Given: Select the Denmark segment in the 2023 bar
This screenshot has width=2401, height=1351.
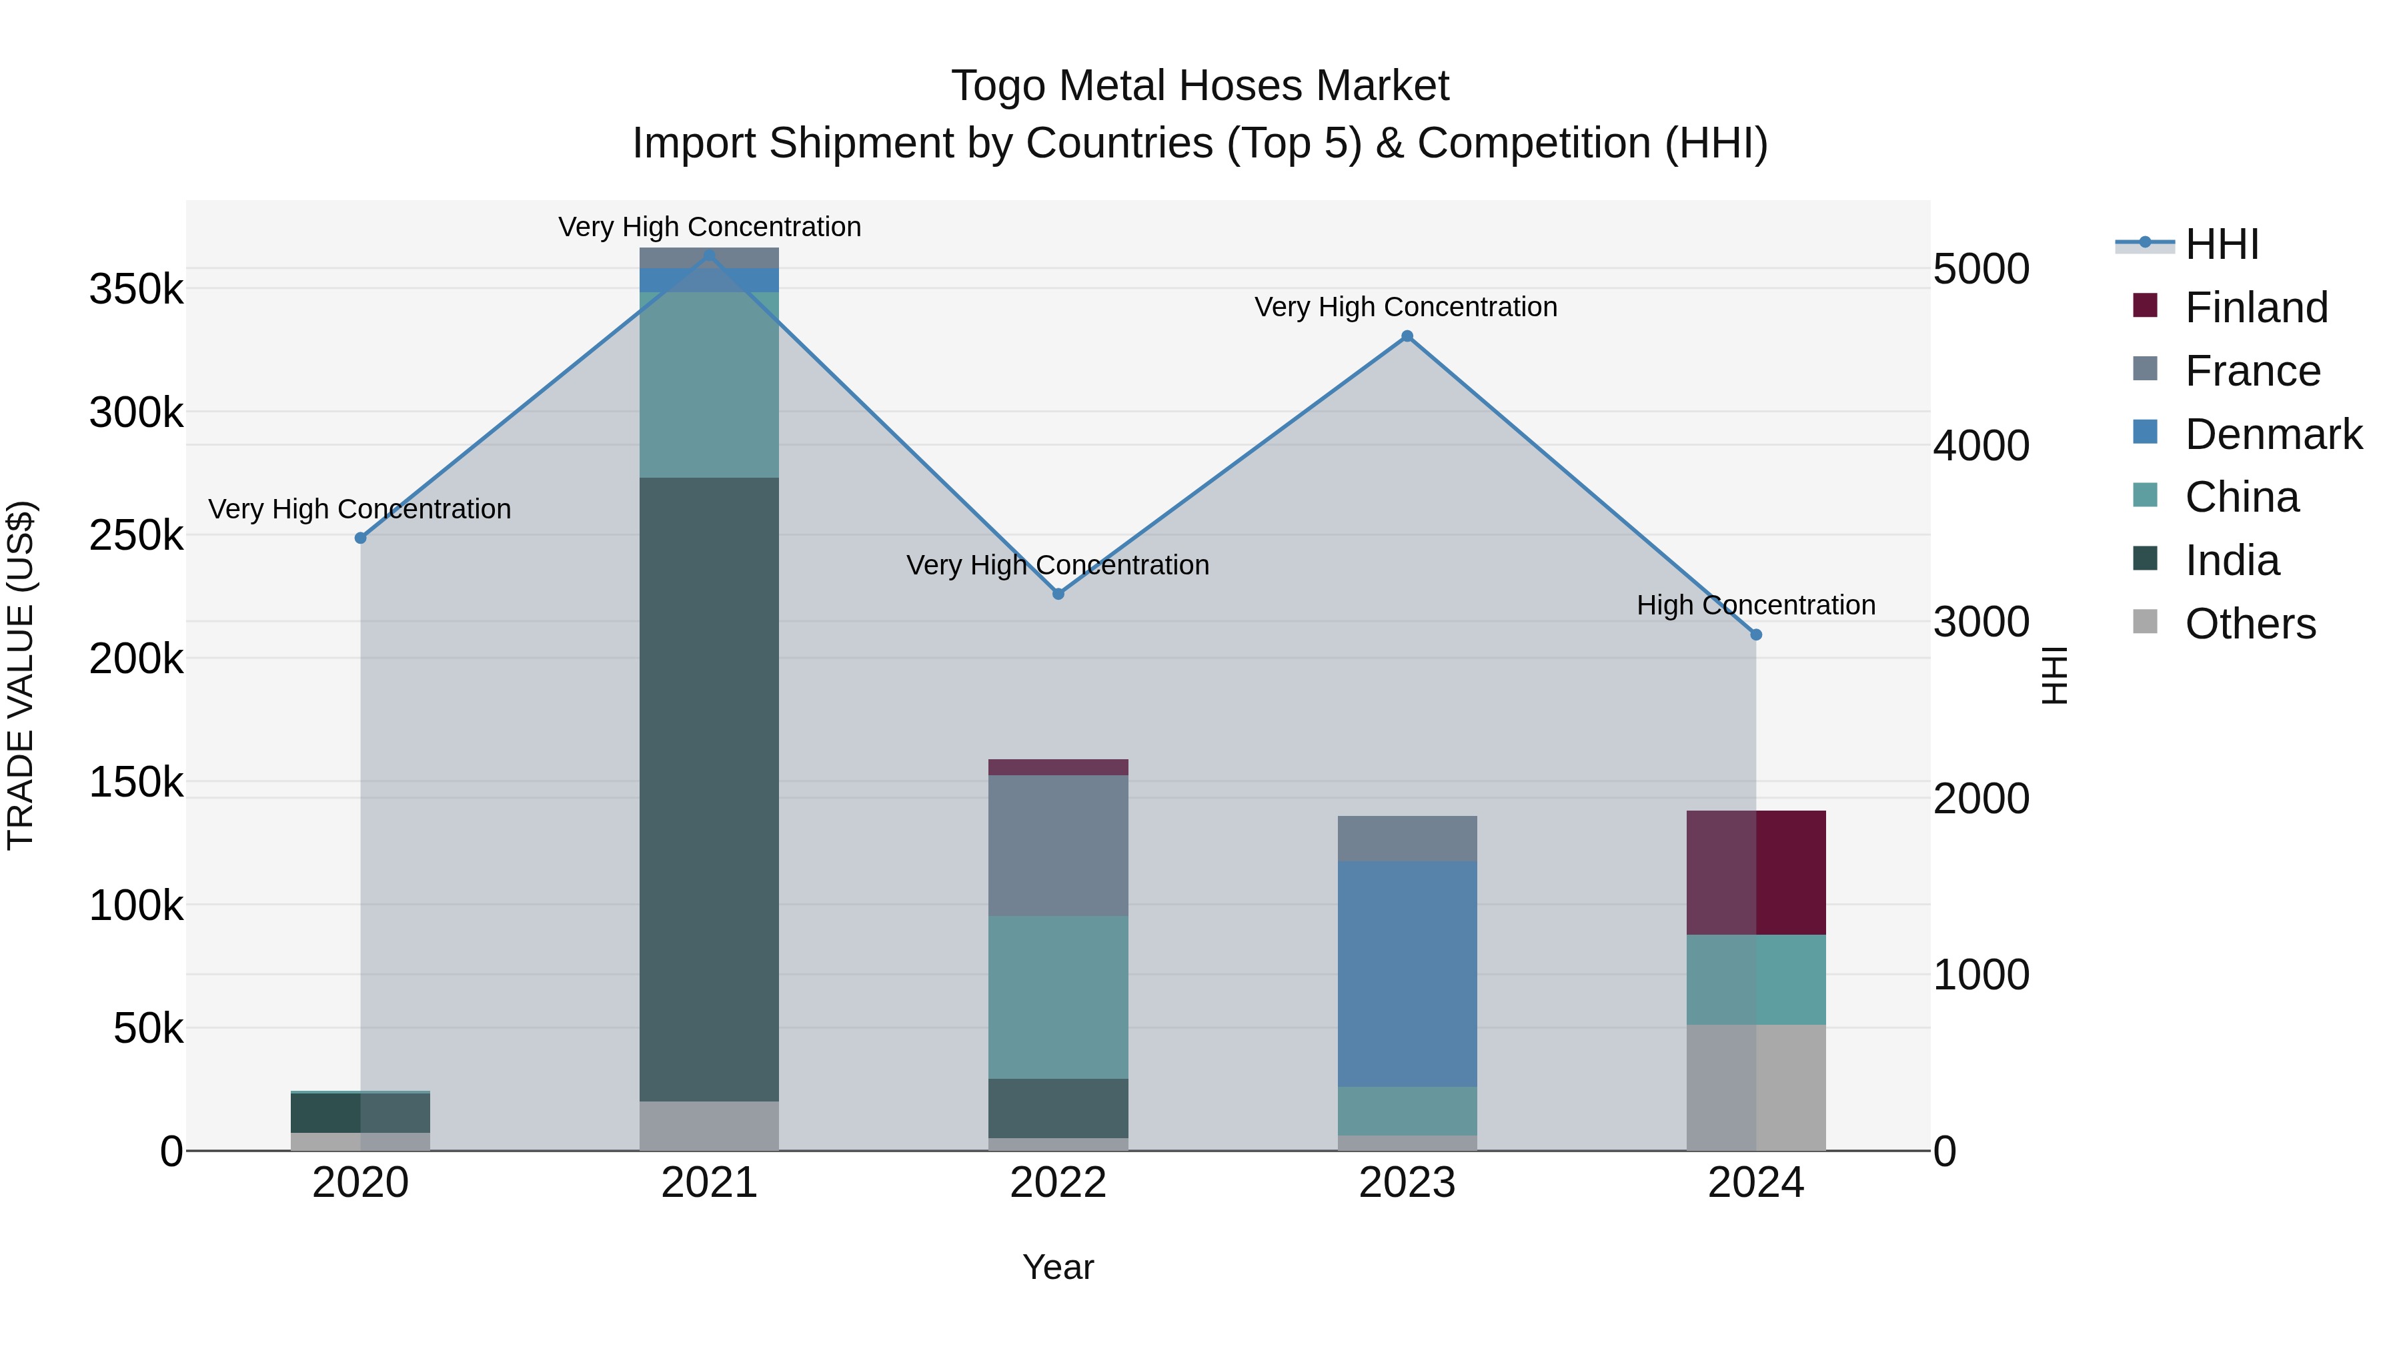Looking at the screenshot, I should pyautogui.click(x=1407, y=973).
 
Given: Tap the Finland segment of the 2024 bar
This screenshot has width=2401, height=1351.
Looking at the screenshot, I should pyautogui.click(x=1756, y=872).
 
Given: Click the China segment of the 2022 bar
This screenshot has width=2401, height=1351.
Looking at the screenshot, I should pyautogui.click(x=1058, y=997).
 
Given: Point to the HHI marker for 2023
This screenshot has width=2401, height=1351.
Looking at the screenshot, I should pyautogui.click(x=1407, y=337).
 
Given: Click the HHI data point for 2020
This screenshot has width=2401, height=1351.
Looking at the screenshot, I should pyautogui.click(x=361, y=538).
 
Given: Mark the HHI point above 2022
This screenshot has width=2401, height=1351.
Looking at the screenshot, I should pyautogui.click(x=1058, y=594).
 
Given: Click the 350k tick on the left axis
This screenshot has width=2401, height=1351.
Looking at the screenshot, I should pyautogui.click(x=136, y=289).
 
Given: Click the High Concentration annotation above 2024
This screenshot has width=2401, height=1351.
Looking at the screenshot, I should pyautogui.click(x=1756, y=605).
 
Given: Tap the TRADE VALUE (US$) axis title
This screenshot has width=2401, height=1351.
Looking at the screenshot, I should pyautogui.click(x=21, y=675).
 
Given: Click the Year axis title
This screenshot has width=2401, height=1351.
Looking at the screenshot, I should pyautogui.click(x=1058, y=1267).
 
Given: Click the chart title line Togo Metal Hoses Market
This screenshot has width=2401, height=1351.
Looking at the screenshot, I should pyautogui.click(x=1200, y=86).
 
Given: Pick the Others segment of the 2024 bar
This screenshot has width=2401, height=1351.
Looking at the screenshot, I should pyautogui.click(x=1756, y=1087).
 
